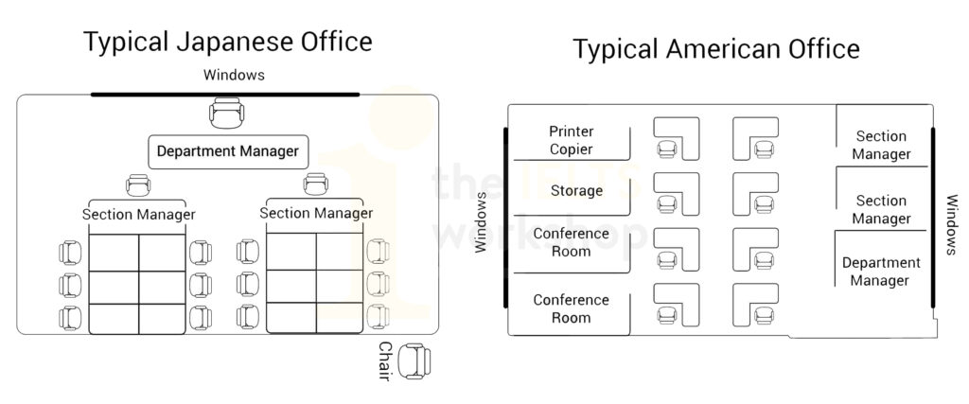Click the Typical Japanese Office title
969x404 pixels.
[x=227, y=43]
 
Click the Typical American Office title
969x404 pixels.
[x=715, y=48]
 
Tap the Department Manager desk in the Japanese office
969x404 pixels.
[x=227, y=151]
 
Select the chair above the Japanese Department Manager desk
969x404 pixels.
[x=225, y=115]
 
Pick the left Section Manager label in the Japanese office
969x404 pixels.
[x=138, y=215]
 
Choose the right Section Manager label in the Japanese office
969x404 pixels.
[x=315, y=213]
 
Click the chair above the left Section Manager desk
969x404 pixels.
[x=138, y=185]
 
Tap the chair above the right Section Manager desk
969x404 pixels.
[x=314, y=184]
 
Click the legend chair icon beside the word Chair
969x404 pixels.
[x=414, y=361]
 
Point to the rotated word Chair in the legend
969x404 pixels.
[x=386, y=361]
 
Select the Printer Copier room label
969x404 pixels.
[x=571, y=140]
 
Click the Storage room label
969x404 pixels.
[x=576, y=191]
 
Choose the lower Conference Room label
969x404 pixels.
[x=571, y=309]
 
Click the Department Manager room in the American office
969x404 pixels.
[x=880, y=272]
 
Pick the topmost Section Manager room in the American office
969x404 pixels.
[x=882, y=145]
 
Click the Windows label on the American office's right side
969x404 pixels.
[x=952, y=224]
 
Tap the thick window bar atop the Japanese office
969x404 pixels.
[x=225, y=94]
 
